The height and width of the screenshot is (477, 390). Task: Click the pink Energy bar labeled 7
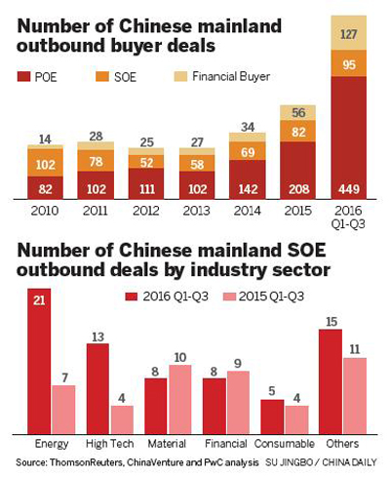63,410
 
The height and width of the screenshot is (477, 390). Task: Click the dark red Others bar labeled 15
331,381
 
